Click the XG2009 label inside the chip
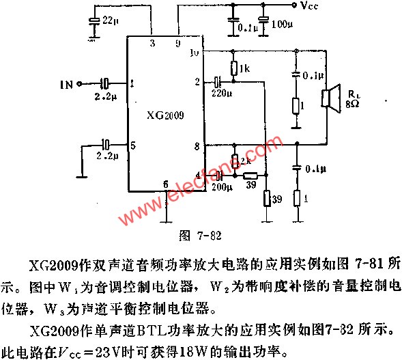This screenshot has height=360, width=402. (x=164, y=115)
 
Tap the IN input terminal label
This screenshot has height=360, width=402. (x=66, y=85)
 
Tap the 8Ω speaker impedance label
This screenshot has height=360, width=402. (x=353, y=105)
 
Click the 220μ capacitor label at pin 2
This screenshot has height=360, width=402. (x=222, y=92)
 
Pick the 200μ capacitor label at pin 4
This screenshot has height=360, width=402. (x=219, y=186)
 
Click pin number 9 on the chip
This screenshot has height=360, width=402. (x=179, y=44)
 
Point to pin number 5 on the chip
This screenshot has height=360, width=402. (x=132, y=145)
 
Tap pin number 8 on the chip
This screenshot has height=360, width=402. (x=197, y=146)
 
